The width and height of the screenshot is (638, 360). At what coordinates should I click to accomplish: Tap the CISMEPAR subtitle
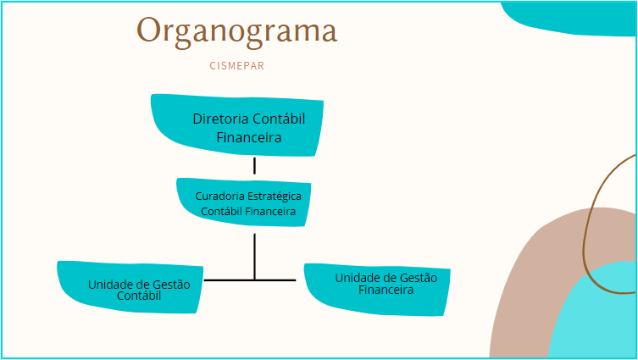point(236,66)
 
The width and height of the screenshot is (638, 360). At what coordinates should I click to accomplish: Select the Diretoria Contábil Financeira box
point(237,125)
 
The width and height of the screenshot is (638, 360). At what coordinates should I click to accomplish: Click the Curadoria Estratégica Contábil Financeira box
point(244,202)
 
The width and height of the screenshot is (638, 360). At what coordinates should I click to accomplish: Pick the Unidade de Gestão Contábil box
point(130,287)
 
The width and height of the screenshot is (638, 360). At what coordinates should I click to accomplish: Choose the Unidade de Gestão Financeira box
point(377,290)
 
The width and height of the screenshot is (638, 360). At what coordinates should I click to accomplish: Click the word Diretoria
point(220,119)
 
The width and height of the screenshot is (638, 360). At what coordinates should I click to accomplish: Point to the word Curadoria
point(220,196)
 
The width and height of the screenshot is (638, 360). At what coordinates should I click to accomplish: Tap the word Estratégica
point(275,196)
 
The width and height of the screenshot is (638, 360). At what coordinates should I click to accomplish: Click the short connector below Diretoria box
point(255,166)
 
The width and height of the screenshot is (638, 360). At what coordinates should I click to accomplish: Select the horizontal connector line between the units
point(250,280)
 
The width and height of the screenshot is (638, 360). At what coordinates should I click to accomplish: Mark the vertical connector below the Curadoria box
point(255,257)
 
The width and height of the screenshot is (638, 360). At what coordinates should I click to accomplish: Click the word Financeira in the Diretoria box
point(249,137)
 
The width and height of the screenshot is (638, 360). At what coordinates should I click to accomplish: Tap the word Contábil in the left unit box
point(139,296)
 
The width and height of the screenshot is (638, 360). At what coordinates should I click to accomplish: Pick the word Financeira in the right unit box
point(386,290)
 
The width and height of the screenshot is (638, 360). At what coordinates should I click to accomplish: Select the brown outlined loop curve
point(585,244)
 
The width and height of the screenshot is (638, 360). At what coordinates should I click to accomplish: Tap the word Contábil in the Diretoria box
point(279,119)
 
